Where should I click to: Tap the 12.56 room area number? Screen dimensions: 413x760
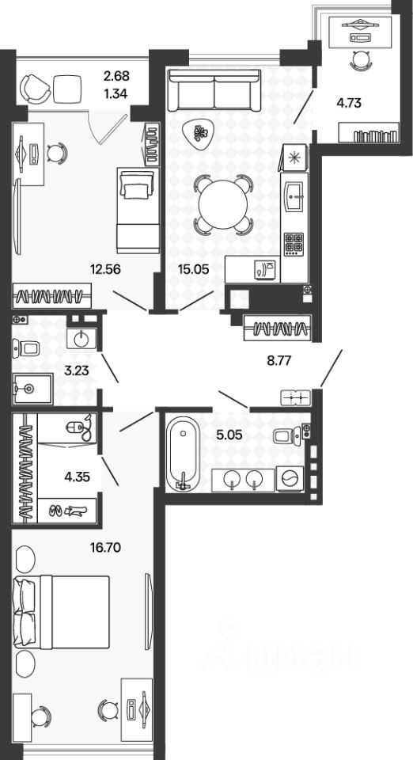[x=105, y=269]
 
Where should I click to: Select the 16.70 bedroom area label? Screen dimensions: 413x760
[x=105, y=548]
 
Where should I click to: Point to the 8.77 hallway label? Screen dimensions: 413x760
[x=278, y=360]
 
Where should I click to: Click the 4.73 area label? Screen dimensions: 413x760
[x=349, y=103]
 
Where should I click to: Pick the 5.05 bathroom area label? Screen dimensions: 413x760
[x=229, y=435]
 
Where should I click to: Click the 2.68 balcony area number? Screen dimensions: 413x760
[x=116, y=76]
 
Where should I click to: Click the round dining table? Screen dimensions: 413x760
[x=224, y=204]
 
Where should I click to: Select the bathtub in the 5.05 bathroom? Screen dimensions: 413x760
[x=183, y=454]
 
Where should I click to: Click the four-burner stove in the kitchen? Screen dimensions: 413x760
[x=294, y=243]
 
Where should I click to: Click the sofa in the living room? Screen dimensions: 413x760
[x=214, y=90]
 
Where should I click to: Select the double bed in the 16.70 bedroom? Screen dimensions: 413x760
[x=61, y=612]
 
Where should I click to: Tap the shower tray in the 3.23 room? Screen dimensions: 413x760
[x=32, y=389]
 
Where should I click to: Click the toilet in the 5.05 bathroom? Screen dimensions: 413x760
[x=285, y=435]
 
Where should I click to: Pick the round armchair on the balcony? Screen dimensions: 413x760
[x=36, y=88]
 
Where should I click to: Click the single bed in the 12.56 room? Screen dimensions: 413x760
[x=138, y=210]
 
